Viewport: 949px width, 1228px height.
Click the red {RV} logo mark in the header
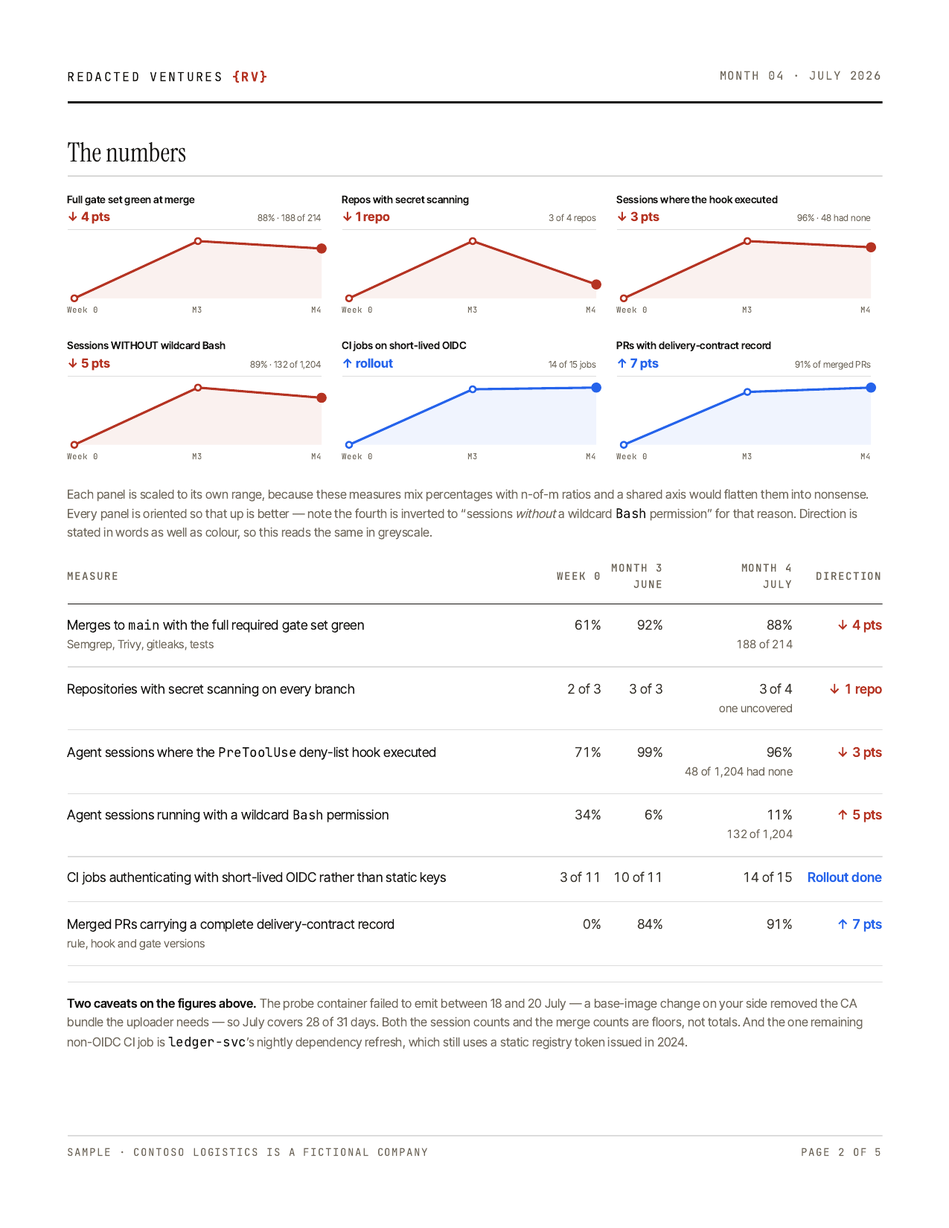coord(249,77)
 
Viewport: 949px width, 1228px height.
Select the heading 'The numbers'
coord(127,153)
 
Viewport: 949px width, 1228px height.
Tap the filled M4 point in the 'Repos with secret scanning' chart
coord(595,284)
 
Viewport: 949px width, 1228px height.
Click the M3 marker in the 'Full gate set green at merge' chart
coord(198,241)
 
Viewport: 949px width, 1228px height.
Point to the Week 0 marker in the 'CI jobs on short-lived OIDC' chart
coord(349,445)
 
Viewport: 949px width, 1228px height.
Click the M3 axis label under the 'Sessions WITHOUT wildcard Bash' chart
coord(196,457)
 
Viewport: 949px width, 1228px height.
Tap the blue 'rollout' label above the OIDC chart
coord(368,363)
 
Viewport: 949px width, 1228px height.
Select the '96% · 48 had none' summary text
coord(833,218)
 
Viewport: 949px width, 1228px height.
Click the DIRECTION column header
coord(848,577)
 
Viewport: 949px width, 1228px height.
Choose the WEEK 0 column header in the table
coord(578,577)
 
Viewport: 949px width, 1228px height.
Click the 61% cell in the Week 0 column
coord(587,625)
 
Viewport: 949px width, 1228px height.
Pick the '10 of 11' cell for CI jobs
coord(638,877)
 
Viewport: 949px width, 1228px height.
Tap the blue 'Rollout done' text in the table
coord(844,877)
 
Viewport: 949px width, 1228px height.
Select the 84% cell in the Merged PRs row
coord(650,924)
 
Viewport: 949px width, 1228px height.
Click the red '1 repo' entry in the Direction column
coord(856,689)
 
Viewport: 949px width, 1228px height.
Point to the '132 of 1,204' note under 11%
coord(759,834)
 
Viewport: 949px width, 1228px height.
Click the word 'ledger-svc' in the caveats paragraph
coord(206,1042)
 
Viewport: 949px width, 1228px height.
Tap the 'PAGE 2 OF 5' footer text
coord(840,1152)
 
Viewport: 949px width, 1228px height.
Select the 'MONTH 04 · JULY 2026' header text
coord(800,76)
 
